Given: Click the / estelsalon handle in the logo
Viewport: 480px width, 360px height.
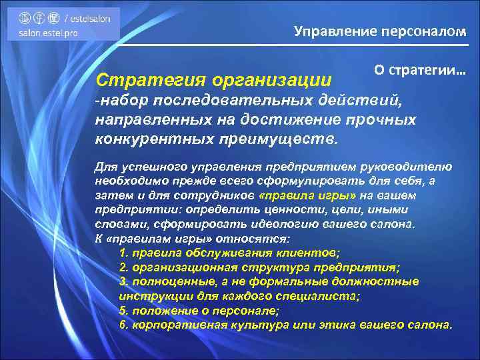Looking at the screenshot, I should pyautogui.click(x=89, y=19).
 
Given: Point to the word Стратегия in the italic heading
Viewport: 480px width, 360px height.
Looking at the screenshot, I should pyautogui.click(x=151, y=80).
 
